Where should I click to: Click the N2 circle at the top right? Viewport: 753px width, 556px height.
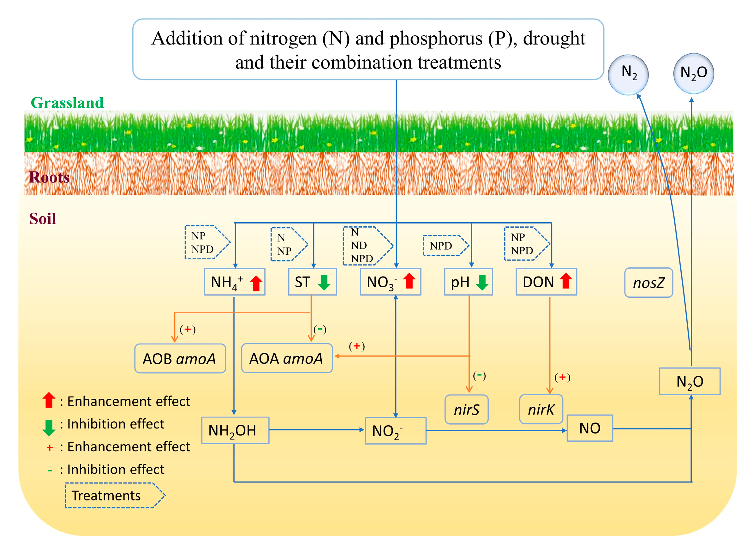[x=628, y=75]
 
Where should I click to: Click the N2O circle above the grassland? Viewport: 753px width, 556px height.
[x=693, y=73]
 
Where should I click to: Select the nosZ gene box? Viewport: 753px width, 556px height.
[x=648, y=283]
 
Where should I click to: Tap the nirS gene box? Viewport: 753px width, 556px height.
[x=466, y=410]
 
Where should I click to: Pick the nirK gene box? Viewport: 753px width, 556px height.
[x=541, y=409]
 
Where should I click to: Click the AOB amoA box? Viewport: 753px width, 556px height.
[x=180, y=358]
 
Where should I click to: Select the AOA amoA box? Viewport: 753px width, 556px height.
[x=287, y=358]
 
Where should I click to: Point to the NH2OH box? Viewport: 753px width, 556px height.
[x=235, y=430]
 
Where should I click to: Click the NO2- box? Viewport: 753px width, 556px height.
[x=395, y=431]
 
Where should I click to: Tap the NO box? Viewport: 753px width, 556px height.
[x=589, y=428]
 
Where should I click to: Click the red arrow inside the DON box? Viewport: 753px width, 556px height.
[x=565, y=281]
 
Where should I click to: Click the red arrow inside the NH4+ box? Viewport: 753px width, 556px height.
[x=256, y=283]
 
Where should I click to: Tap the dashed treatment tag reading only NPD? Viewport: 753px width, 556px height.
[x=445, y=246]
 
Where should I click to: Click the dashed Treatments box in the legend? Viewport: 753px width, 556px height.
[x=114, y=495]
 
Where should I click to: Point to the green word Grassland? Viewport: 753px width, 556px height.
[x=67, y=103]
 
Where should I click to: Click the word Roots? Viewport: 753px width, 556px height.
[x=49, y=177]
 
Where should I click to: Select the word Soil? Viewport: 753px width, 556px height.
[x=43, y=219]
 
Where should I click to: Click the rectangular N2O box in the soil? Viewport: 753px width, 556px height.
[x=690, y=381]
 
